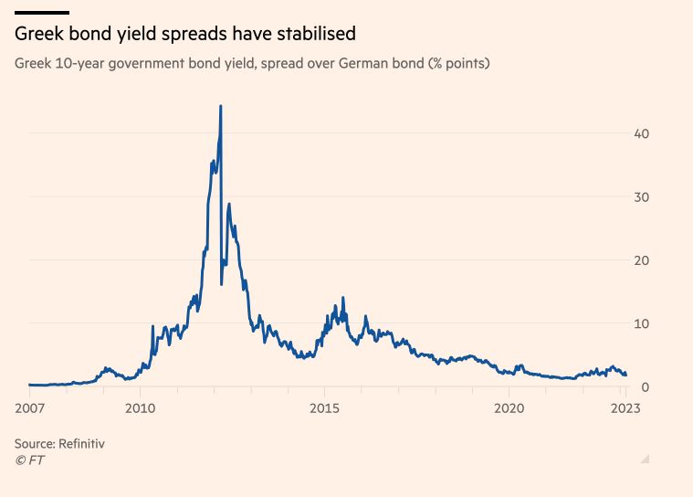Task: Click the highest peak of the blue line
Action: (x=221, y=107)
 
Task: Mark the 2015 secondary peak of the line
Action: (x=342, y=298)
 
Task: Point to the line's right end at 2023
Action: (x=625, y=375)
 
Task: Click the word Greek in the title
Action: (x=37, y=34)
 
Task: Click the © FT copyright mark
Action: (x=29, y=460)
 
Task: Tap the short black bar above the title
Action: (x=42, y=12)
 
